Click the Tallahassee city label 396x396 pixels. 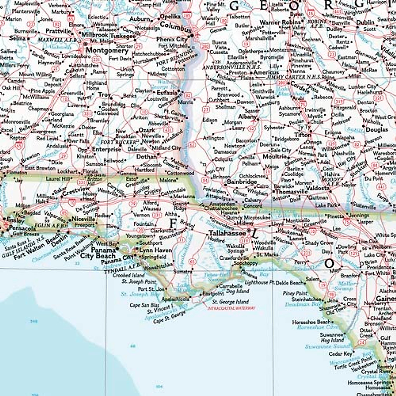[x=227, y=233]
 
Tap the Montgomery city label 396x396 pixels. [x=107, y=51]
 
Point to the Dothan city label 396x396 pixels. [x=146, y=157]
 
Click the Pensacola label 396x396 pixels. [x=22, y=228]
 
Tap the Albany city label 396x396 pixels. [x=247, y=117]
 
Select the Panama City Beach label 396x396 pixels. [x=98, y=253]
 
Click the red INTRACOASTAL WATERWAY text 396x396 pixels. [x=231, y=308]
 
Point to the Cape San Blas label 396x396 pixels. [x=144, y=305]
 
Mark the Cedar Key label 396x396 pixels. [x=341, y=354]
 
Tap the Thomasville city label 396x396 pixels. [x=291, y=192]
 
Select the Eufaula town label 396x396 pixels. [x=167, y=93]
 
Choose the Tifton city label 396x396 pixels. [x=303, y=135]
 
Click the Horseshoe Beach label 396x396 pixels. [x=311, y=322]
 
